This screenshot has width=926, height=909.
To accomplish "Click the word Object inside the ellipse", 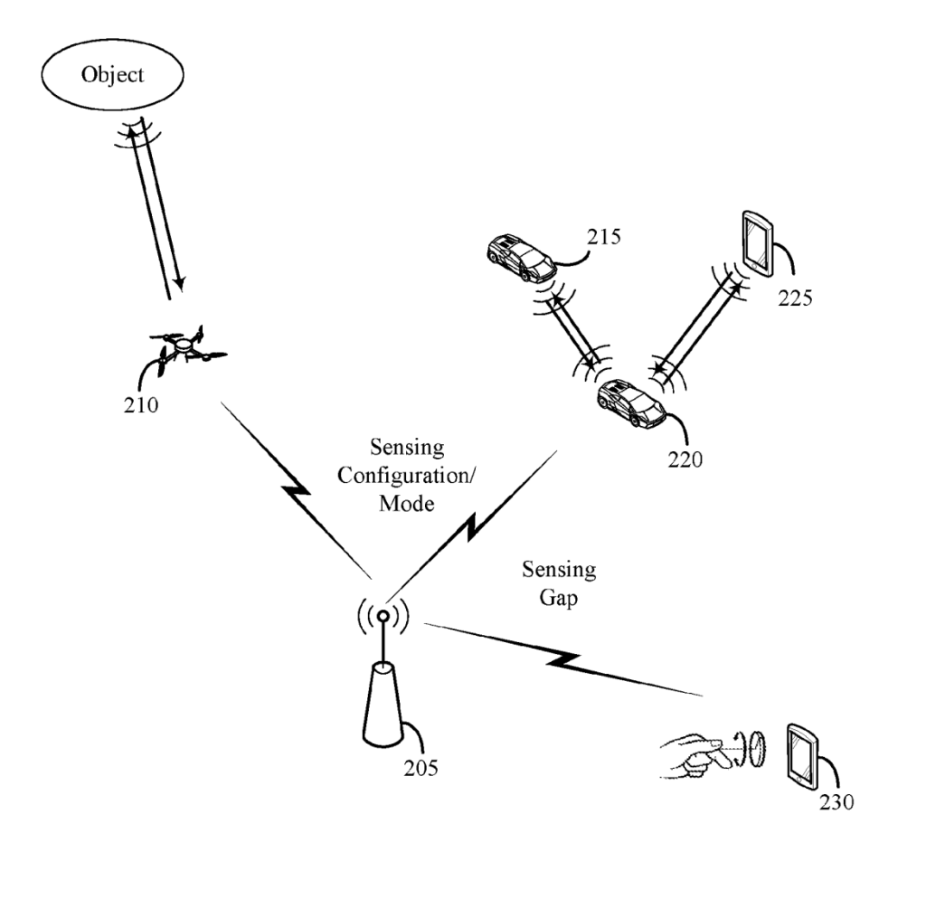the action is coord(112,74).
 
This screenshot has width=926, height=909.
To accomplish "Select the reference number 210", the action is coord(140,405).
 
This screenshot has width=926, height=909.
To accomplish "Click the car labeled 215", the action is coord(521,258).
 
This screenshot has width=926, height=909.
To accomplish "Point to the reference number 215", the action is coord(603,237).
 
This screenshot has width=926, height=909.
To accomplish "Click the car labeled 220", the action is coord(631,402).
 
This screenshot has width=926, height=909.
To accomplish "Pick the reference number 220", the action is coord(685,459).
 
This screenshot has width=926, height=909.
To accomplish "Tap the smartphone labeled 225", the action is coord(758,242).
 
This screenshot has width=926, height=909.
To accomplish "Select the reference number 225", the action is coord(795,298).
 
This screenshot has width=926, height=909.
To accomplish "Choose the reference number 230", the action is coord(836,802).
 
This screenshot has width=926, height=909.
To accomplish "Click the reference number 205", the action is coord(421,768).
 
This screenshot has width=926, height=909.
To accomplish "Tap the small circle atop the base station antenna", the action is coord(383,617).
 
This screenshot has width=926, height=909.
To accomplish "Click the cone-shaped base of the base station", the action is coord(383,705).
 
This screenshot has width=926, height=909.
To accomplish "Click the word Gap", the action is coord(558,598).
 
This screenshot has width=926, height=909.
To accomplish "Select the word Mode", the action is coord(406,503).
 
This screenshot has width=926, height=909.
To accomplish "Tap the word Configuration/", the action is coord(406,476).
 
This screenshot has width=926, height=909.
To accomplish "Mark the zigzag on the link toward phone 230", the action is coord(562,660).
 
